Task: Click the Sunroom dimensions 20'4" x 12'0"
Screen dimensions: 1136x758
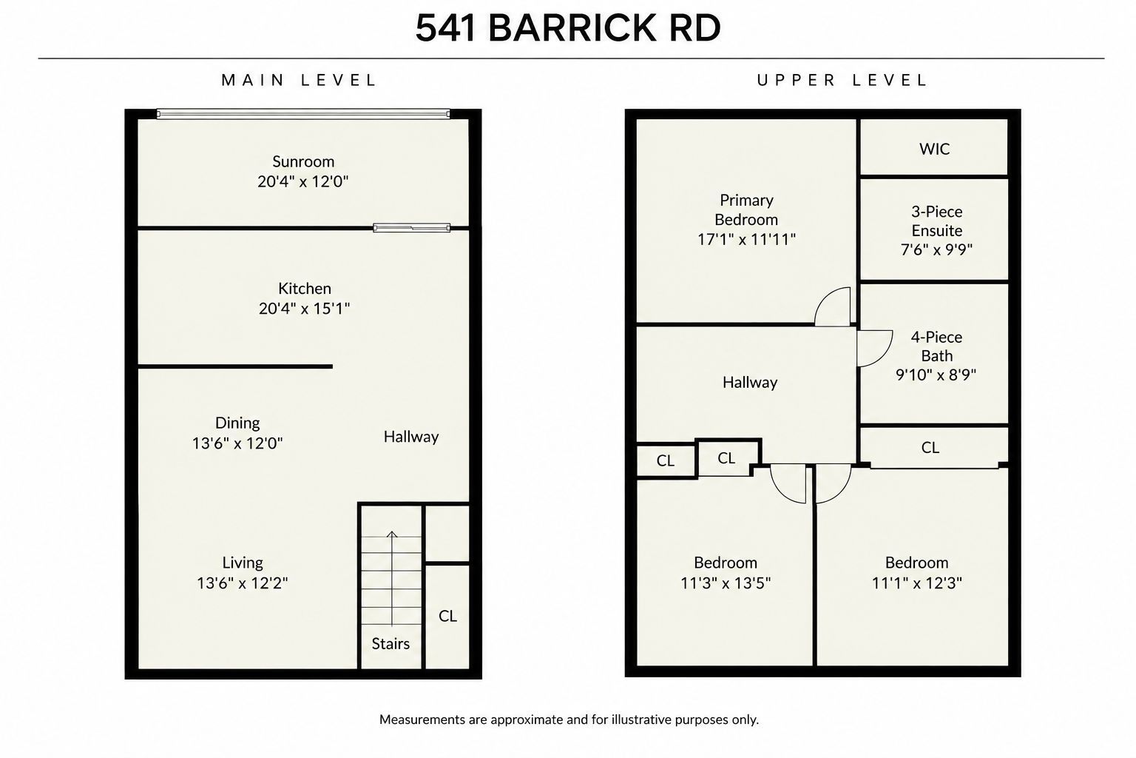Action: coord(302,181)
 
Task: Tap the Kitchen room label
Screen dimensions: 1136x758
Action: coord(304,289)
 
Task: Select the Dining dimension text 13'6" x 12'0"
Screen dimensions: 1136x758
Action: coord(237,443)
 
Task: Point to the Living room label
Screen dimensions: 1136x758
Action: coord(243,563)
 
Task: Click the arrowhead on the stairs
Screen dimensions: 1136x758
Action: coord(391,534)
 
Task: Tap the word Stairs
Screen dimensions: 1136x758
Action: coord(390,644)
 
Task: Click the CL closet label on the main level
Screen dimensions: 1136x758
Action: coord(447,616)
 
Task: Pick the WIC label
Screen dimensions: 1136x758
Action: coord(934,149)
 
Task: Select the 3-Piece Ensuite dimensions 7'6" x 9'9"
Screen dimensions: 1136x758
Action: coord(936,249)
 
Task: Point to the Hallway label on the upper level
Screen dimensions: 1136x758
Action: coord(749,382)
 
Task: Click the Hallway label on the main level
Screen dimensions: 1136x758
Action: coord(410,437)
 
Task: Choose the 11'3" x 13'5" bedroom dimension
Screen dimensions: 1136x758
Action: coord(726,583)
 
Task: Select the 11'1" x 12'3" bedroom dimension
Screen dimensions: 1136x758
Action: coord(916,583)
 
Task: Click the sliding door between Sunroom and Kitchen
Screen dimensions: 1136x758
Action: coord(411,228)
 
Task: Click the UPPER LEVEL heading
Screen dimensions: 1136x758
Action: coord(842,80)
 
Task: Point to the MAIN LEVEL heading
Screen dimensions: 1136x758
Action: coord(299,80)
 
